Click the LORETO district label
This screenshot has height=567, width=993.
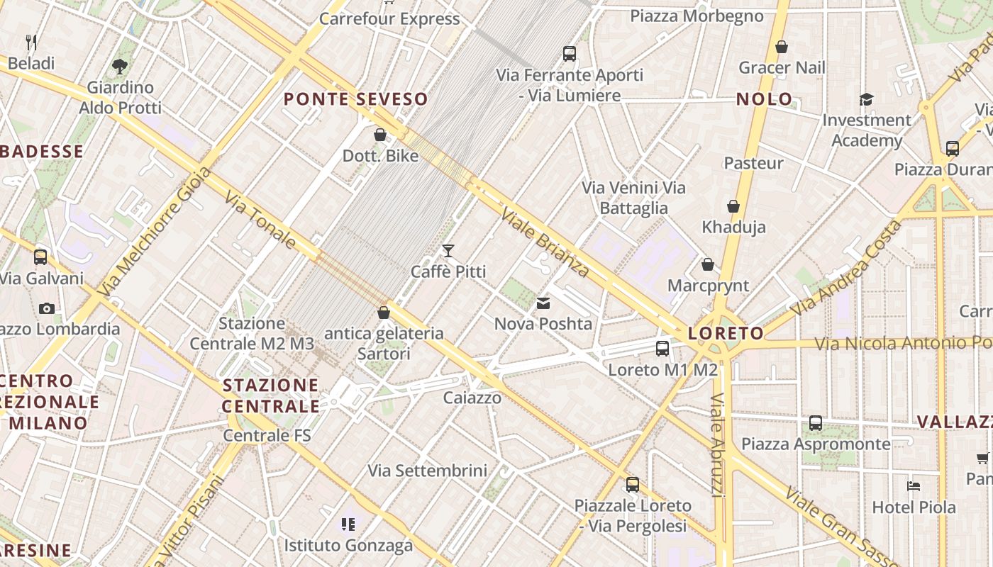(726, 333)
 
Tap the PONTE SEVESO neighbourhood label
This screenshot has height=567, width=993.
(356, 99)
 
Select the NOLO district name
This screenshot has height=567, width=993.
(764, 99)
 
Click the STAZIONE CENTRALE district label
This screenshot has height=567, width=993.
(270, 395)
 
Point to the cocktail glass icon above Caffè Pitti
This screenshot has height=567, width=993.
(448, 251)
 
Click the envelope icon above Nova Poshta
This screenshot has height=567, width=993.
(543, 303)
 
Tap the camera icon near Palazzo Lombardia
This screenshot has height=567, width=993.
(47, 308)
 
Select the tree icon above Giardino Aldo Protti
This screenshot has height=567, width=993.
(120, 67)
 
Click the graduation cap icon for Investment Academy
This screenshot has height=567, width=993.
(866, 99)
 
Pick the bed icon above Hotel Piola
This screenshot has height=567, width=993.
(914, 486)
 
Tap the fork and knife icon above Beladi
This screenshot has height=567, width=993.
(31, 43)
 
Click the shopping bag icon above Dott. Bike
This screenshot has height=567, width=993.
(380, 135)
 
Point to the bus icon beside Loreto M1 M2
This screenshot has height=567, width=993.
(662, 348)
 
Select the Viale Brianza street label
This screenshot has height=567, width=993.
(545, 242)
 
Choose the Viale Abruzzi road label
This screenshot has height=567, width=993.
(717, 444)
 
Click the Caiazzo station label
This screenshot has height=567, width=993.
(472, 398)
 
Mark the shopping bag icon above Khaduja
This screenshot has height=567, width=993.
(733, 206)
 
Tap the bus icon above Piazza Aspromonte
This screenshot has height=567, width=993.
(816, 423)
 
